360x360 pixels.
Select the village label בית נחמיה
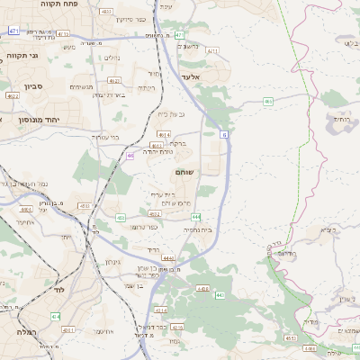coord(197,230)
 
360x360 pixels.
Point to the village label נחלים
coord(106,59)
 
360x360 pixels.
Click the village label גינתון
coord(112,262)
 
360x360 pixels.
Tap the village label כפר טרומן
coord(146,226)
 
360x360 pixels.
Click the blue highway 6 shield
coord(224,133)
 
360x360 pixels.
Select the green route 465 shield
coord(268,102)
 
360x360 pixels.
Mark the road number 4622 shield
coord(12,94)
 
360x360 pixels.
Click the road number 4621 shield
coord(114,80)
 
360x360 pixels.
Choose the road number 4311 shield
coord(212,51)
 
